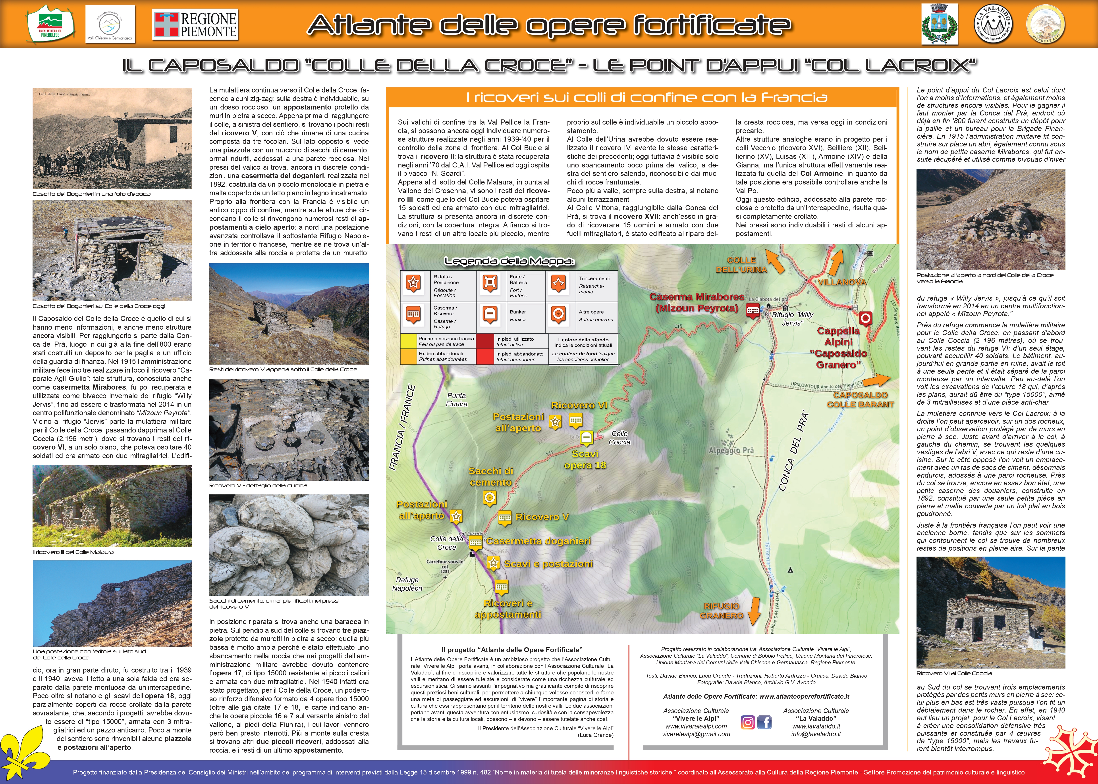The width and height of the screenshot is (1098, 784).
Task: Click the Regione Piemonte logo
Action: pyautogui.click(x=195, y=25)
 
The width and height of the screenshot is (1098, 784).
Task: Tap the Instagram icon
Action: pyautogui.click(x=747, y=722)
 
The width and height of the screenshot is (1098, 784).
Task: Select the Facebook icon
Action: pyautogui.click(x=764, y=722)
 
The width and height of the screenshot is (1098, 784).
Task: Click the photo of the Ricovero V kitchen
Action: pyautogui.click(x=289, y=430)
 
